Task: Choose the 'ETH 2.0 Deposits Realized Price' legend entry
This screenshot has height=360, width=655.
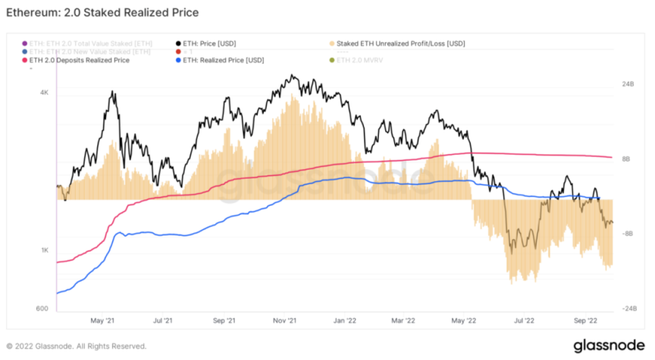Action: coord(83,59)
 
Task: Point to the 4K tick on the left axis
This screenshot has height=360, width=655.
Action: coord(44,92)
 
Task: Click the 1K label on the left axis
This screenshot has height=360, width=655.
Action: coord(44,251)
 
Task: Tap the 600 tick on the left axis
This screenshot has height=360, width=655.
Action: coord(42,308)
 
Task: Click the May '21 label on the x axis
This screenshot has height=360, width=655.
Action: coord(102,321)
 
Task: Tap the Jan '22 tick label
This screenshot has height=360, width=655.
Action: coord(344,321)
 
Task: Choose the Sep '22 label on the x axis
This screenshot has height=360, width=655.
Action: coord(588,321)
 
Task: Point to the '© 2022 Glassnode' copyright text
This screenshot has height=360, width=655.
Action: coord(77,346)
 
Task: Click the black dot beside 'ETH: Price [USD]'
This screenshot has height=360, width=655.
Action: coord(177,42)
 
